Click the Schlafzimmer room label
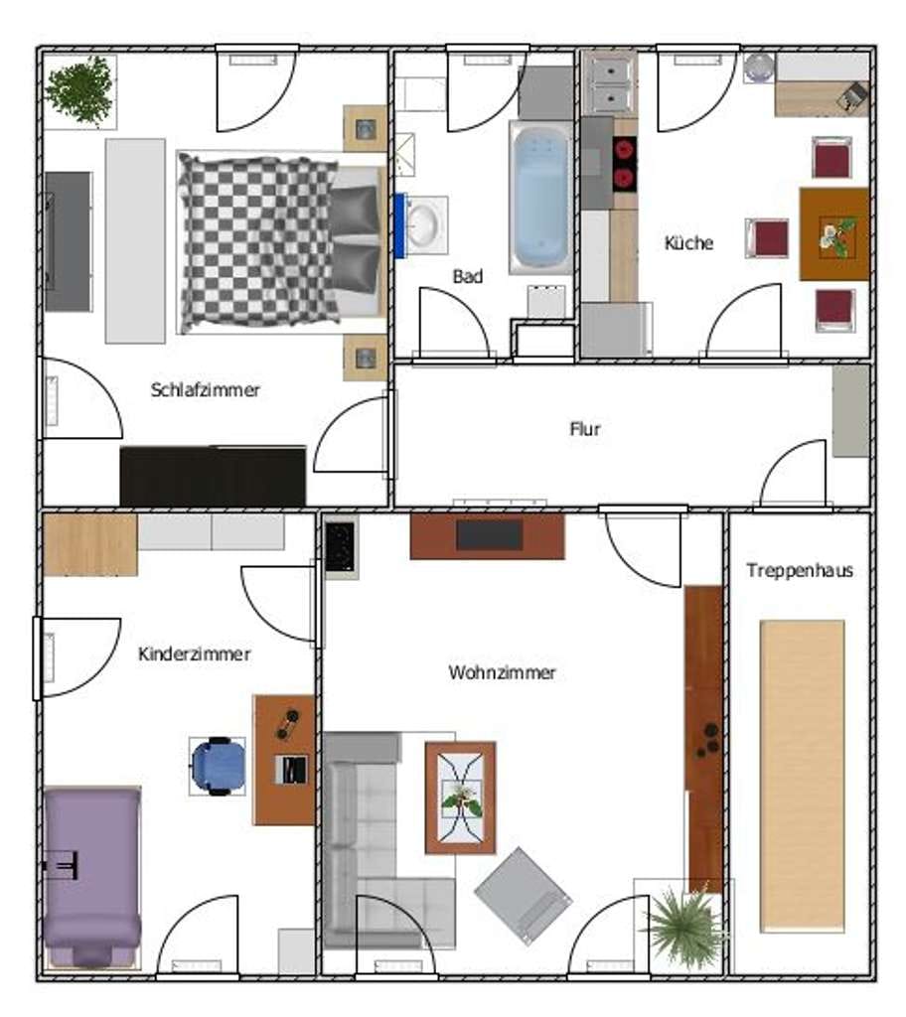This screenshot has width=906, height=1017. click(205, 389)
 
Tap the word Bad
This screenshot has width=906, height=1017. click(467, 276)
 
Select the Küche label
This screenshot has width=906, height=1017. click(688, 242)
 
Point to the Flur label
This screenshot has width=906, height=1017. click(585, 429)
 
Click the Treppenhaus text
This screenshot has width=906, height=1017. click(800, 570)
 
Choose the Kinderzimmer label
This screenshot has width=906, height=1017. click(194, 654)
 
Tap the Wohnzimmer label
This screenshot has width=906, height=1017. click(502, 672)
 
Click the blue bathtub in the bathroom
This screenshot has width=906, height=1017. click(541, 198)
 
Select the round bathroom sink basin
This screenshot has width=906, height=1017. click(424, 224)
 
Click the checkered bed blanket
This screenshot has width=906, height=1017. click(259, 242)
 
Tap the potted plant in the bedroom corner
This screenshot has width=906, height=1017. click(79, 90)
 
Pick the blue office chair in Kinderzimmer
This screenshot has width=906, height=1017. click(219, 766)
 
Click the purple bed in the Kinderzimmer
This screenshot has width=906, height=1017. click(92, 877)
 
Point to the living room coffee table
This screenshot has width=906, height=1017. click(460, 798)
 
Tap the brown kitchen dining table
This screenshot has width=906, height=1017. click(833, 234)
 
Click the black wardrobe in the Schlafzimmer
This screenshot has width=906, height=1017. click(213, 476)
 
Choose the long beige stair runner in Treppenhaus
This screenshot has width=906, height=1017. click(803, 777)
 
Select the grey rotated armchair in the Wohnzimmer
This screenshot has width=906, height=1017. click(524, 895)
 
